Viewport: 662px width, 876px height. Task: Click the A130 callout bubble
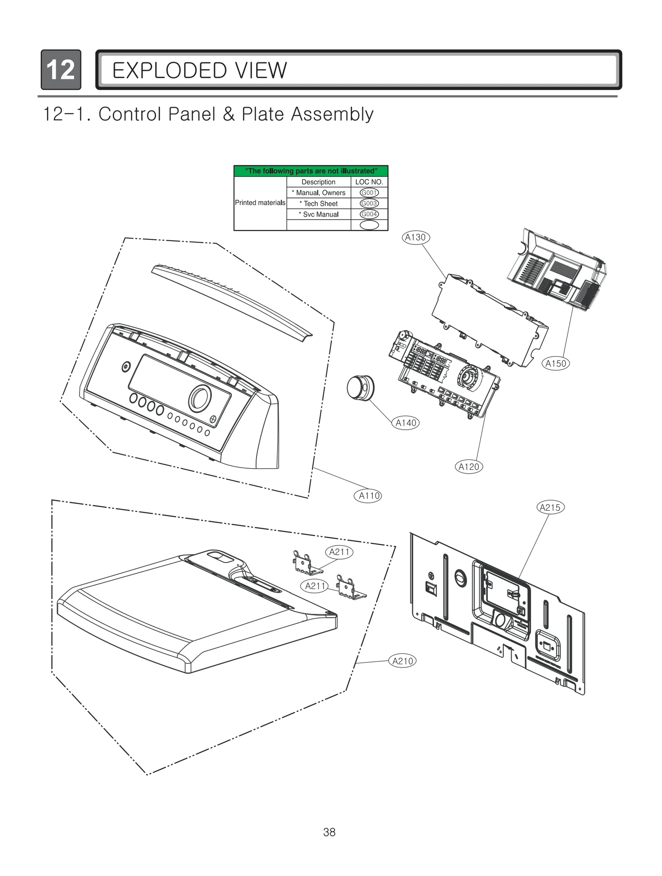416,237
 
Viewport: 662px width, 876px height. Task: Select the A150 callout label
555,364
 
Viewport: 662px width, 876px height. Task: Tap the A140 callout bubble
405,423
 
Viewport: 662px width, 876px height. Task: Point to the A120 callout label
469,467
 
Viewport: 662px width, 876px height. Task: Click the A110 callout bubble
368,495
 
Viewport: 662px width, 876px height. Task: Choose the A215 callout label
550,507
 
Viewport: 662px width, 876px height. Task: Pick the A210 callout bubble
403,661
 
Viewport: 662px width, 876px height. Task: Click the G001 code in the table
369,193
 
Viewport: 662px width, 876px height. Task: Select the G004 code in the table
369,214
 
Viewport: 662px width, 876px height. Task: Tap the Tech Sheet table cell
318,203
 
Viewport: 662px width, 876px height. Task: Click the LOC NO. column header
369,182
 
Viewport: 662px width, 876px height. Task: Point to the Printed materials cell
260,203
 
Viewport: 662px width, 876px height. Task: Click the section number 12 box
61,69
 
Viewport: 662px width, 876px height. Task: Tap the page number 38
329,832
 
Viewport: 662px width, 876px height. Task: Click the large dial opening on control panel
200,399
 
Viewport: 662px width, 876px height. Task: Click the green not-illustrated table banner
311,171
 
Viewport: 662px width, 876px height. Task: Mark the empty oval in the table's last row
369,225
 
